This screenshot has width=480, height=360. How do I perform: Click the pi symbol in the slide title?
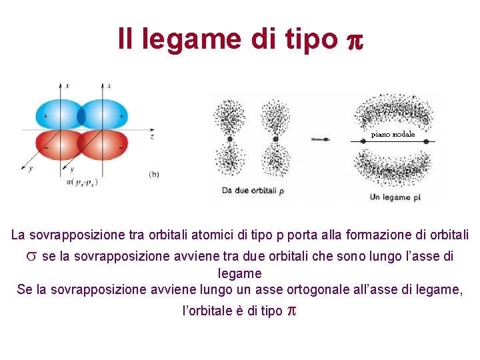(354, 40)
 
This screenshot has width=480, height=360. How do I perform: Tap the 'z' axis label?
(152, 136)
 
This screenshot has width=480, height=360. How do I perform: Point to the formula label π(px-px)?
(81, 182)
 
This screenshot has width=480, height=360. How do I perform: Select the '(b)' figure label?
(153, 175)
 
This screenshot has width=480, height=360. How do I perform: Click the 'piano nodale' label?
(393, 135)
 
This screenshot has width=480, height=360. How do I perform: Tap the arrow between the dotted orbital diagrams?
(320, 139)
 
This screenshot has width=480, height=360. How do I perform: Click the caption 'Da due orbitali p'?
(253, 191)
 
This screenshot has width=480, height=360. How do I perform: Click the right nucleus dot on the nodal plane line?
(426, 141)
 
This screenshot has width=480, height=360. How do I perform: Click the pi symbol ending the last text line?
(290, 311)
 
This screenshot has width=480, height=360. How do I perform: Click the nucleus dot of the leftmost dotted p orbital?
(230, 139)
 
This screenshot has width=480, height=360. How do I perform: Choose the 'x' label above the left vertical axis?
(67, 86)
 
